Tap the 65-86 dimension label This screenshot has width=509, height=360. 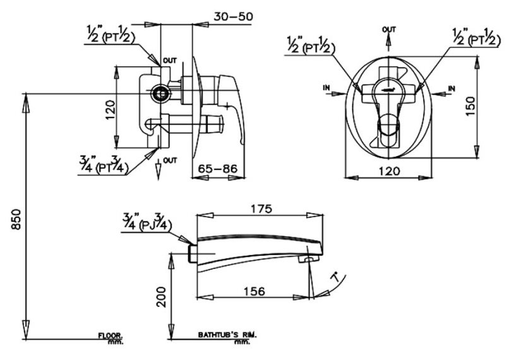(x=217, y=169)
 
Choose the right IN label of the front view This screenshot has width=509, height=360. (x=452, y=88)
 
